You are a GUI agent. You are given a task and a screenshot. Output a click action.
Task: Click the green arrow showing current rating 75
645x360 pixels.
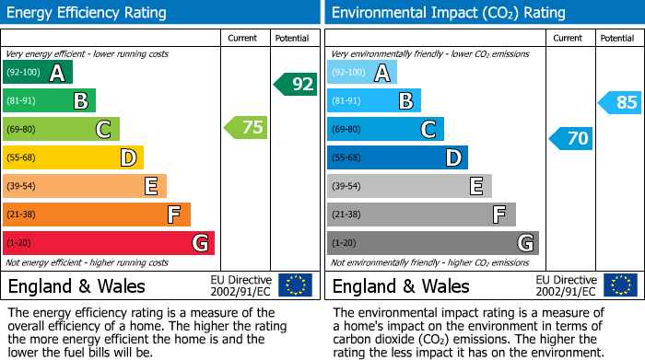point(247,128)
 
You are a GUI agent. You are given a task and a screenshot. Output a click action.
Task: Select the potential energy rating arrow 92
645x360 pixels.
point(296,84)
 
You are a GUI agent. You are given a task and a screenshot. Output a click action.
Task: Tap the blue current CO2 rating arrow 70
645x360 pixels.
point(571,139)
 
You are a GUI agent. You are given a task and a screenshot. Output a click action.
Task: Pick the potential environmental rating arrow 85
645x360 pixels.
point(620,102)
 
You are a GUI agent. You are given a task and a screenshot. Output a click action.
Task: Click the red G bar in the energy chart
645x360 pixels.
point(109,243)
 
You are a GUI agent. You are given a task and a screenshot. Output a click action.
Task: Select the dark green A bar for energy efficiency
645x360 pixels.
point(38,73)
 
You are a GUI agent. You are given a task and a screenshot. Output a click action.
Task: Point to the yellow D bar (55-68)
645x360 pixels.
point(73,157)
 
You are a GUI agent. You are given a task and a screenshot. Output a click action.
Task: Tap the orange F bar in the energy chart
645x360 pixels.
point(97,215)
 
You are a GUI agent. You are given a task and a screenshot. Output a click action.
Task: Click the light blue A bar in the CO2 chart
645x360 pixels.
point(362,73)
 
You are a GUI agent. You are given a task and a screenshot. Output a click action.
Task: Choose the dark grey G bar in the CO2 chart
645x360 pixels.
point(432,243)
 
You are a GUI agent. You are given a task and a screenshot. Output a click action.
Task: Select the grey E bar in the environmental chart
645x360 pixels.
point(409,186)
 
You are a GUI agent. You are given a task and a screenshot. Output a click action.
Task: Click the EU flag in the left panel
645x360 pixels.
point(295,285)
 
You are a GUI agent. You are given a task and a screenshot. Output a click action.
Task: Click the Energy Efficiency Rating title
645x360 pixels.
point(88,13)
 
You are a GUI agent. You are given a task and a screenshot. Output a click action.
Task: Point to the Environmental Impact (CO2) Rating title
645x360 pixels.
point(448,13)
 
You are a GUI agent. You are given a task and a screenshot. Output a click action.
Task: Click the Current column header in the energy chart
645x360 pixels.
point(244,38)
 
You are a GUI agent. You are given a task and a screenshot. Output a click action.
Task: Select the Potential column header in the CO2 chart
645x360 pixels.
point(617,38)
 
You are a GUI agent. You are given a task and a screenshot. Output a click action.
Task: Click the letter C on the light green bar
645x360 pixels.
point(103,130)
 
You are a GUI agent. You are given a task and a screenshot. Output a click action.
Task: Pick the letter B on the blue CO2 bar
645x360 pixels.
point(405,101)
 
